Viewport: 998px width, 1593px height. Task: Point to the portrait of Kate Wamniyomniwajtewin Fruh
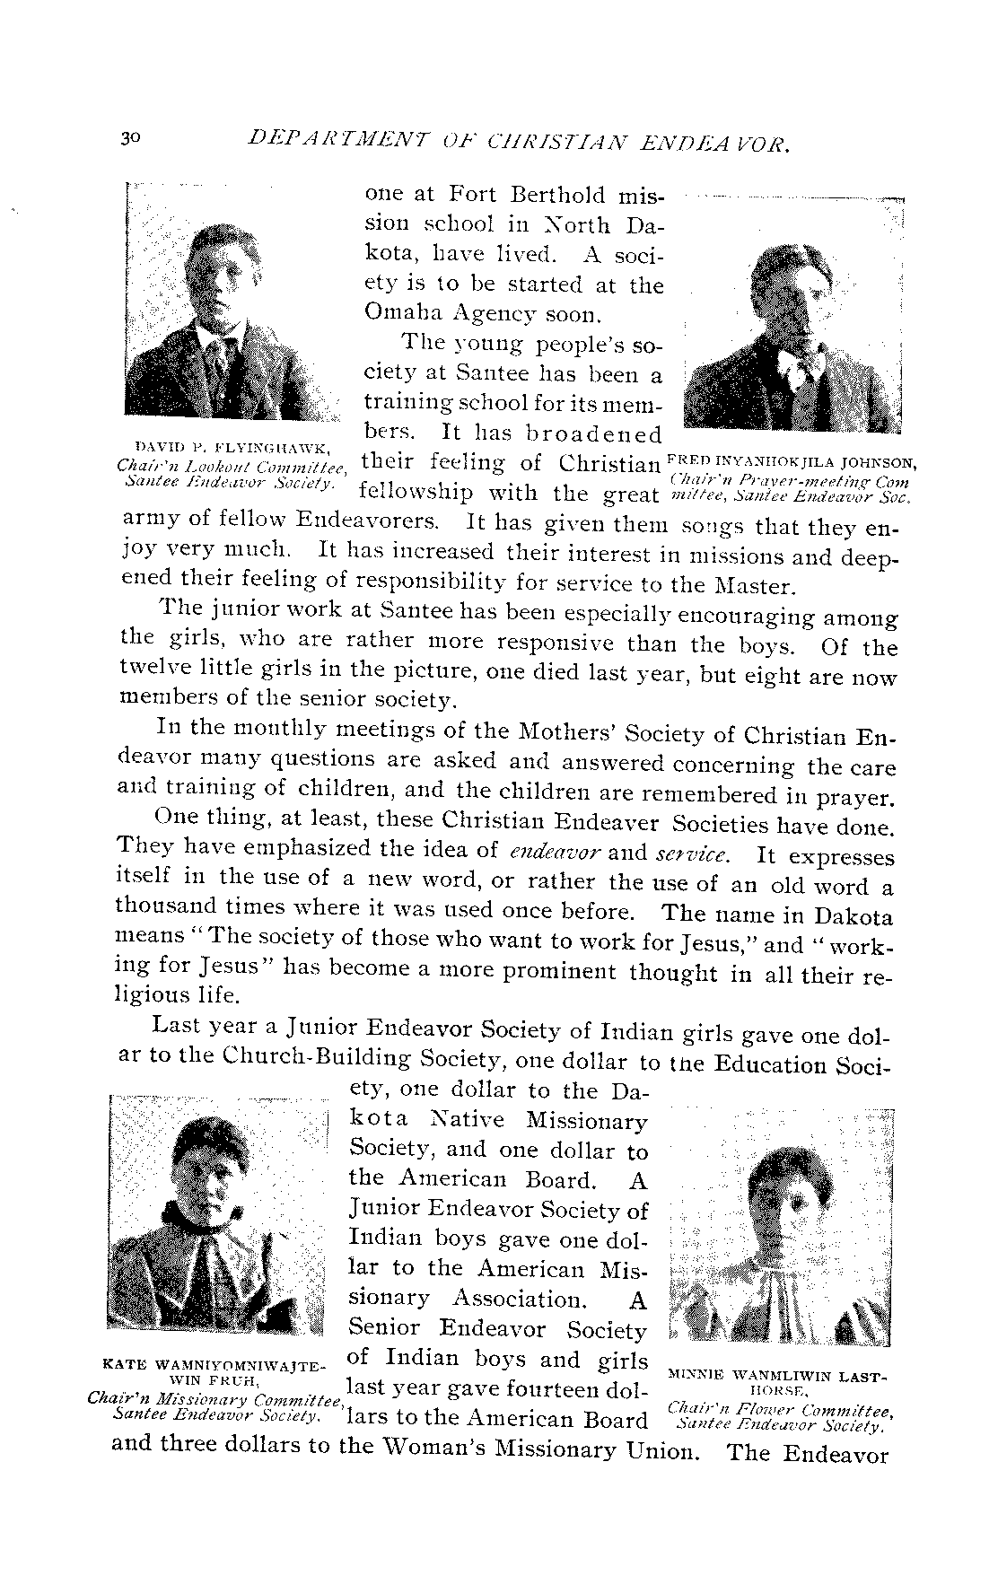coord(216,1213)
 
